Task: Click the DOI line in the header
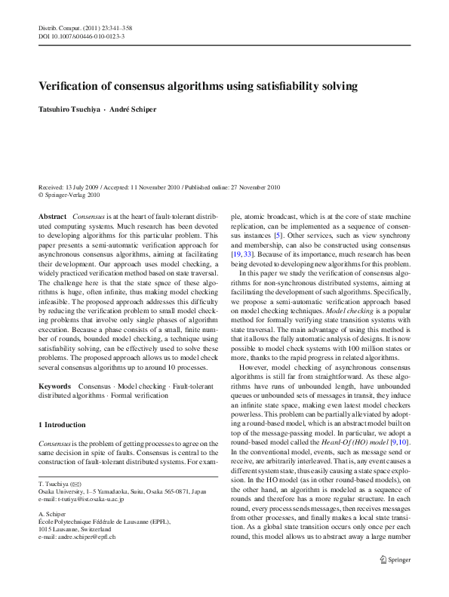point(81,36)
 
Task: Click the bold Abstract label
point(53,216)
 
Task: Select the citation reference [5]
point(278,235)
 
